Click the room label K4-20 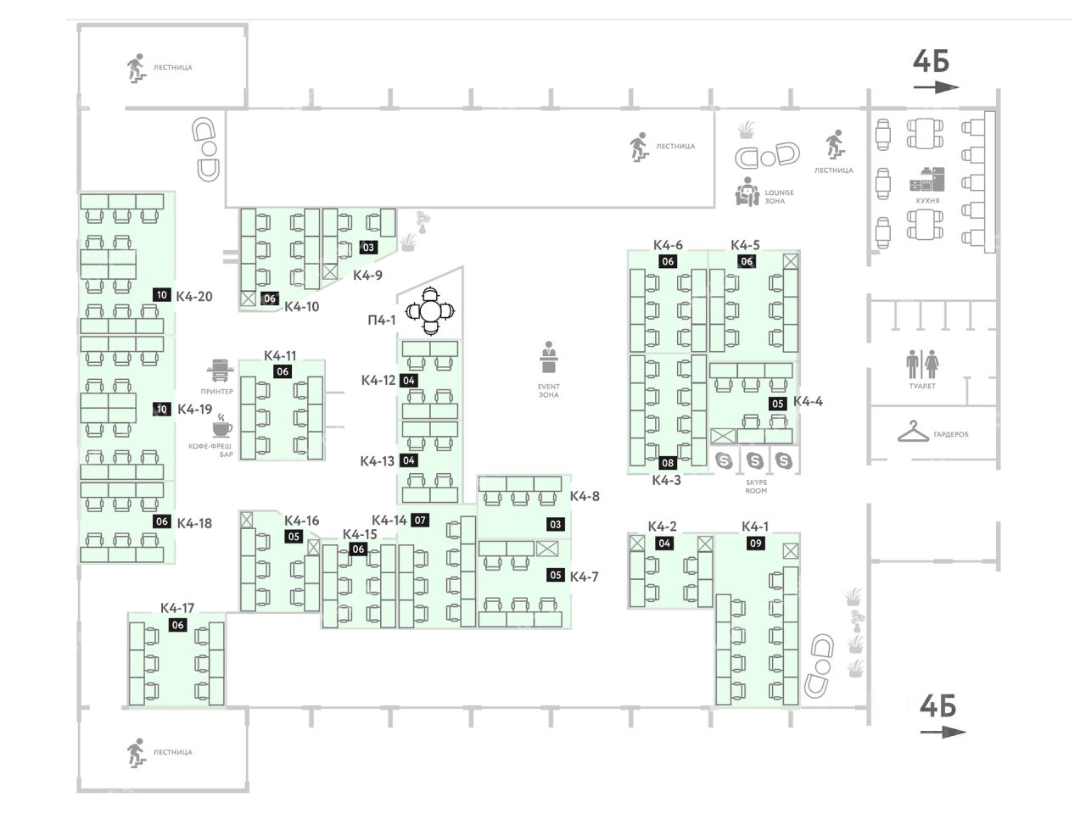194,297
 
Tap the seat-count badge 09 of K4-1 755,544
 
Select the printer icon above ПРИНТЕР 219,371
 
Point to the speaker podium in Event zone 548,358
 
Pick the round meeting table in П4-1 431,311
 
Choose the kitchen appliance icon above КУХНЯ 926,179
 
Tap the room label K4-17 177,608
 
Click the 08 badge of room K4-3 668,463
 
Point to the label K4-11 280,356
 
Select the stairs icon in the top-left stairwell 135,67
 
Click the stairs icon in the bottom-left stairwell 135,751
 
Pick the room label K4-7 585,577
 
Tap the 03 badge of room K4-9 367,248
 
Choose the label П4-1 381,321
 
